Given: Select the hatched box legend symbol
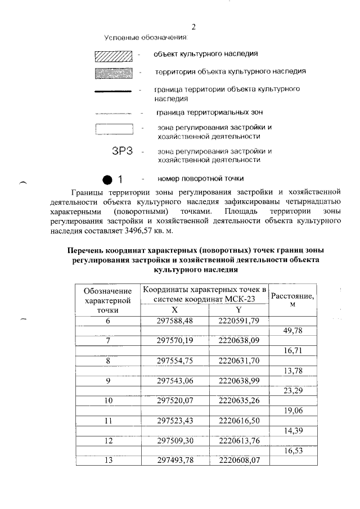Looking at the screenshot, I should pos(113,55).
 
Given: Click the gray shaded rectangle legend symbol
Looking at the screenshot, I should pos(113,73).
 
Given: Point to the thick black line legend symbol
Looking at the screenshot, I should pos(113,91).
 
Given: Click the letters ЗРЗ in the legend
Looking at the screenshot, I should pos(123,151).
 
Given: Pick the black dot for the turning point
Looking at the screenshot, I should pos(107,180).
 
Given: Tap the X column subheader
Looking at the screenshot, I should pos(175,310).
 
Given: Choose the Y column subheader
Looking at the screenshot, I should pos(238,310).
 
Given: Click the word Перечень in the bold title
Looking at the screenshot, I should pos(86,249).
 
